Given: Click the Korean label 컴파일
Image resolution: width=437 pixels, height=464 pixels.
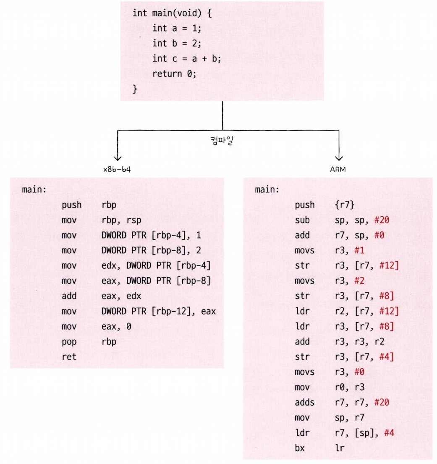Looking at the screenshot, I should click(222, 140).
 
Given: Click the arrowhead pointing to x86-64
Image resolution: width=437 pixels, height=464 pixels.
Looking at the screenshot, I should click(118, 157).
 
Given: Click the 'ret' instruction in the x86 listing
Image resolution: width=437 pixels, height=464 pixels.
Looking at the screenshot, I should click(68, 357).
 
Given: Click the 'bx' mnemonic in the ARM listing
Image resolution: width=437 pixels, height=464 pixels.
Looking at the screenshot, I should click(300, 448).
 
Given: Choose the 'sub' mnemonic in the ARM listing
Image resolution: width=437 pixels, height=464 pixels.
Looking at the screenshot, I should click(302, 220).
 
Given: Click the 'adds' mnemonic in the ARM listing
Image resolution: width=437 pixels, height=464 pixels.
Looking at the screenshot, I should click(304, 403).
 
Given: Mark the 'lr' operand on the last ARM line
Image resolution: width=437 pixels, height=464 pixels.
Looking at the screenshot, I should click(340, 448).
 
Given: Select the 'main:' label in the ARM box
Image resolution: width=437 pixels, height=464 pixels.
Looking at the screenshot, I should click(267, 190).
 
